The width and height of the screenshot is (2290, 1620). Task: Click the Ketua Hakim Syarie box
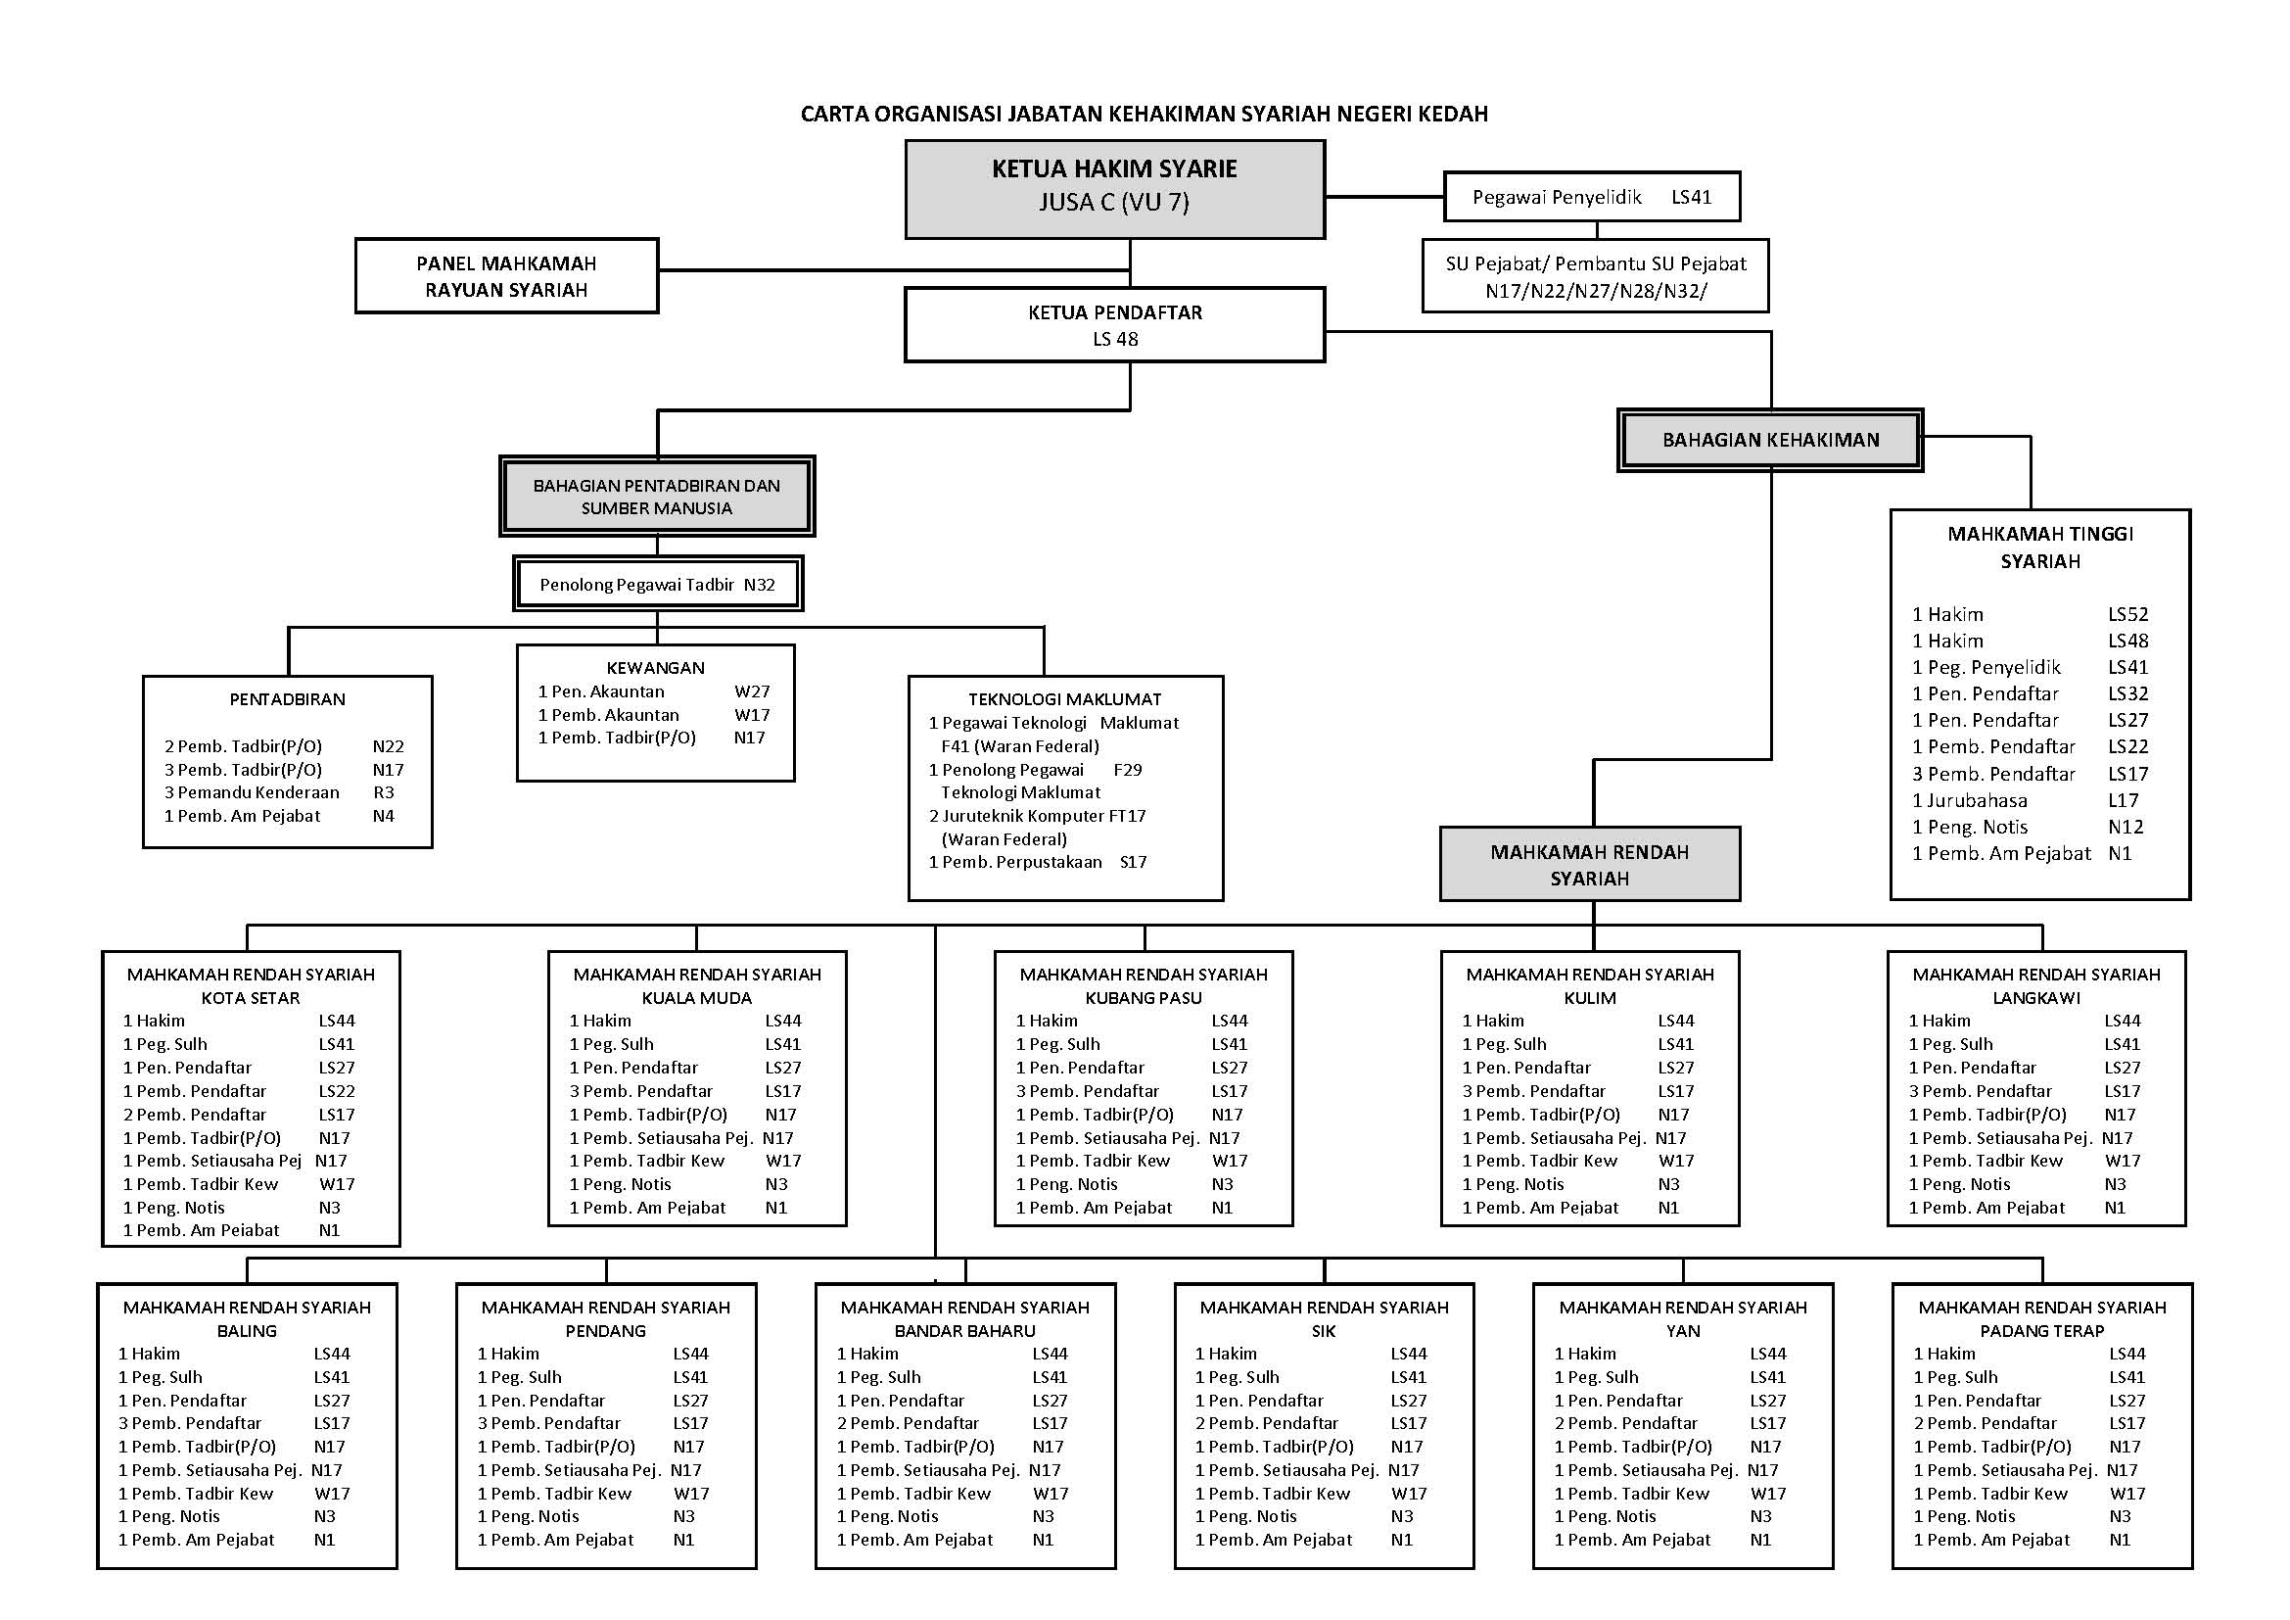click(1114, 188)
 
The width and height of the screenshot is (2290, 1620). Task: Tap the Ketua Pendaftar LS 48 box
click(1114, 325)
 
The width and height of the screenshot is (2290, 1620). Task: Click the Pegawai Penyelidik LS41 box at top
click(1591, 198)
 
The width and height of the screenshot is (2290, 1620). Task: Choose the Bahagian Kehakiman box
click(1769, 440)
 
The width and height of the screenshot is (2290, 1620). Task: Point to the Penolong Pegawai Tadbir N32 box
click(657, 585)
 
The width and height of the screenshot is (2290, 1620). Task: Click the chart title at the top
click(1144, 114)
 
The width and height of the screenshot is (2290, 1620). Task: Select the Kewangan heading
click(655, 668)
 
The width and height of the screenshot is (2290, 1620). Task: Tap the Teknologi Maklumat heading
click(1064, 699)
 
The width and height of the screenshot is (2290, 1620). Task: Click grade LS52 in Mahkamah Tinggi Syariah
click(2127, 614)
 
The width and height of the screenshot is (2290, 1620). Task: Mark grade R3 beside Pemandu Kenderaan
click(383, 793)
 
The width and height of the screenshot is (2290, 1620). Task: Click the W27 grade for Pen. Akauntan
click(752, 691)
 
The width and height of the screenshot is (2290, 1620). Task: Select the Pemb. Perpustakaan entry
click(1014, 862)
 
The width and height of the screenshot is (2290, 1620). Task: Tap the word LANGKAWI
click(2035, 997)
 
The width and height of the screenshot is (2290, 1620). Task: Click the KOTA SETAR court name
click(251, 997)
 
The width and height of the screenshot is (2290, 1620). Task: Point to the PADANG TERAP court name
click(2041, 1331)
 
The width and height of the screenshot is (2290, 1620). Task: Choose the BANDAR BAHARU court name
click(964, 1331)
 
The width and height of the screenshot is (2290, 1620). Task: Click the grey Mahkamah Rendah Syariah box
click(1589, 865)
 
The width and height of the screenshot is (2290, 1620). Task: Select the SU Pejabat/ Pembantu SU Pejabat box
click(1595, 276)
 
